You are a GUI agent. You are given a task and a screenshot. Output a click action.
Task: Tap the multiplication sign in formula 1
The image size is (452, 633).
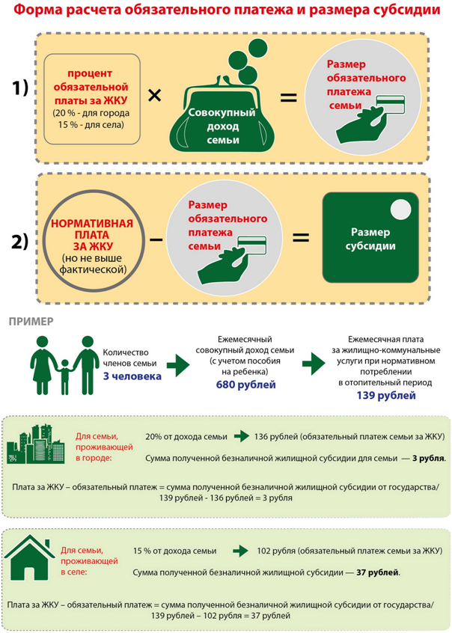pyautogui.click(x=154, y=96)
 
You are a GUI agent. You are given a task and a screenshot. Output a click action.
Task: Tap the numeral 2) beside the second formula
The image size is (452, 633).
pyautogui.click(x=20, y=241)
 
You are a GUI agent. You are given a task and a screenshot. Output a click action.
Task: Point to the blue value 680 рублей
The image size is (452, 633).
pyautogui.click(x=245, y=385)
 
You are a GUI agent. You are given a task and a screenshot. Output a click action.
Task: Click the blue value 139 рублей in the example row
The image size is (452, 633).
pyautogui.click(x=385, y=395)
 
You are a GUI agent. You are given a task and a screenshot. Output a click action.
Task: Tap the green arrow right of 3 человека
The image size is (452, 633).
pyautogui.click(x=177, y=365)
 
